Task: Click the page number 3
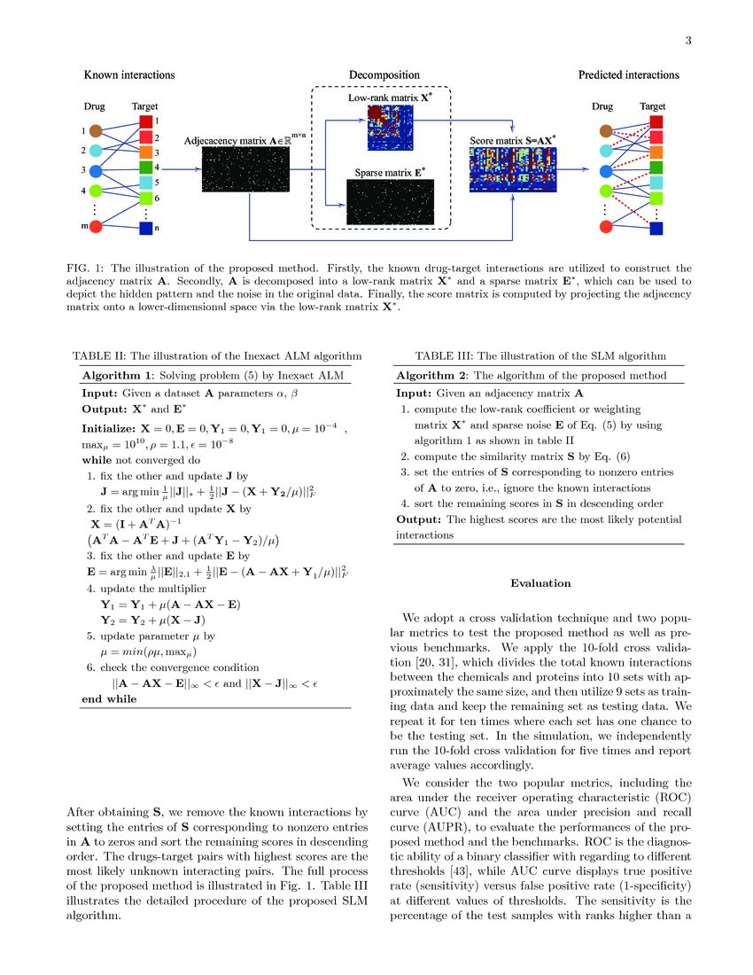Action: (687, 41)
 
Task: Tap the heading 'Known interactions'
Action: (129, 74)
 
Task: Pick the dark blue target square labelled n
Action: (146, 229)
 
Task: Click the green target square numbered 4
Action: (146, 167)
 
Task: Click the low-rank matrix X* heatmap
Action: (389, 128)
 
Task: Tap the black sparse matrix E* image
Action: (389, 201)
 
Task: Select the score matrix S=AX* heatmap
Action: (512, 170)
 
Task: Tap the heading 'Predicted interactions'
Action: (628, 74)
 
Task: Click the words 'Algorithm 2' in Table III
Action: (430, 376)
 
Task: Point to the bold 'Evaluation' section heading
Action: (540, 583)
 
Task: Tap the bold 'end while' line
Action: (109, 698)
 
